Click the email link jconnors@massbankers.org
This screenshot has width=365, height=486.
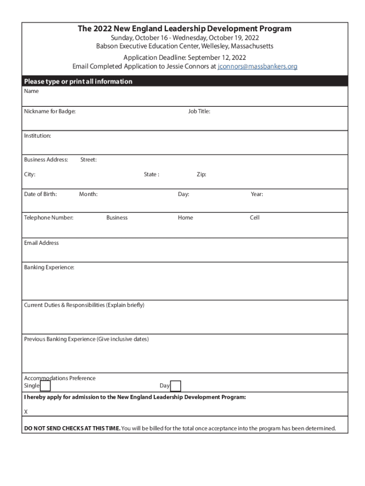tap(257, 66)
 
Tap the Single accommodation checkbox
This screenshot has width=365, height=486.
tap(46, 386)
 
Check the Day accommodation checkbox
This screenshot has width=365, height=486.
tap(175, 386)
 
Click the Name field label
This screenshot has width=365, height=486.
tap(32, 91)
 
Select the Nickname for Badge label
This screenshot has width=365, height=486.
tap(50, 112)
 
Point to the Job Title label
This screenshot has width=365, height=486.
tap(199, 112)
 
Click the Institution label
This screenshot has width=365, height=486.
tap(37, 136)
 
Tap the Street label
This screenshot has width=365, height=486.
tap(89, 160)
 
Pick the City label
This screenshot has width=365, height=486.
tap(30, 175)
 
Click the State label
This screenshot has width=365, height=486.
tap(152, 175)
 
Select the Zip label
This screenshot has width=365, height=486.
tap(201, 175)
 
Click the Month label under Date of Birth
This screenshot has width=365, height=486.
tap(89, 194)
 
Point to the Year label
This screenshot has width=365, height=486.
tap(257, 194)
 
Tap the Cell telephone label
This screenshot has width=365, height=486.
tap(255, 218)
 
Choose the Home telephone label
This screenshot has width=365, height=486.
tap(185, 218)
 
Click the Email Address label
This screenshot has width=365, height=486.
tap(42, 243)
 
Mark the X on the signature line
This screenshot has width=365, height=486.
tap(26, 411)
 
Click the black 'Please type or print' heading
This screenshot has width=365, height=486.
tap(78, 82)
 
